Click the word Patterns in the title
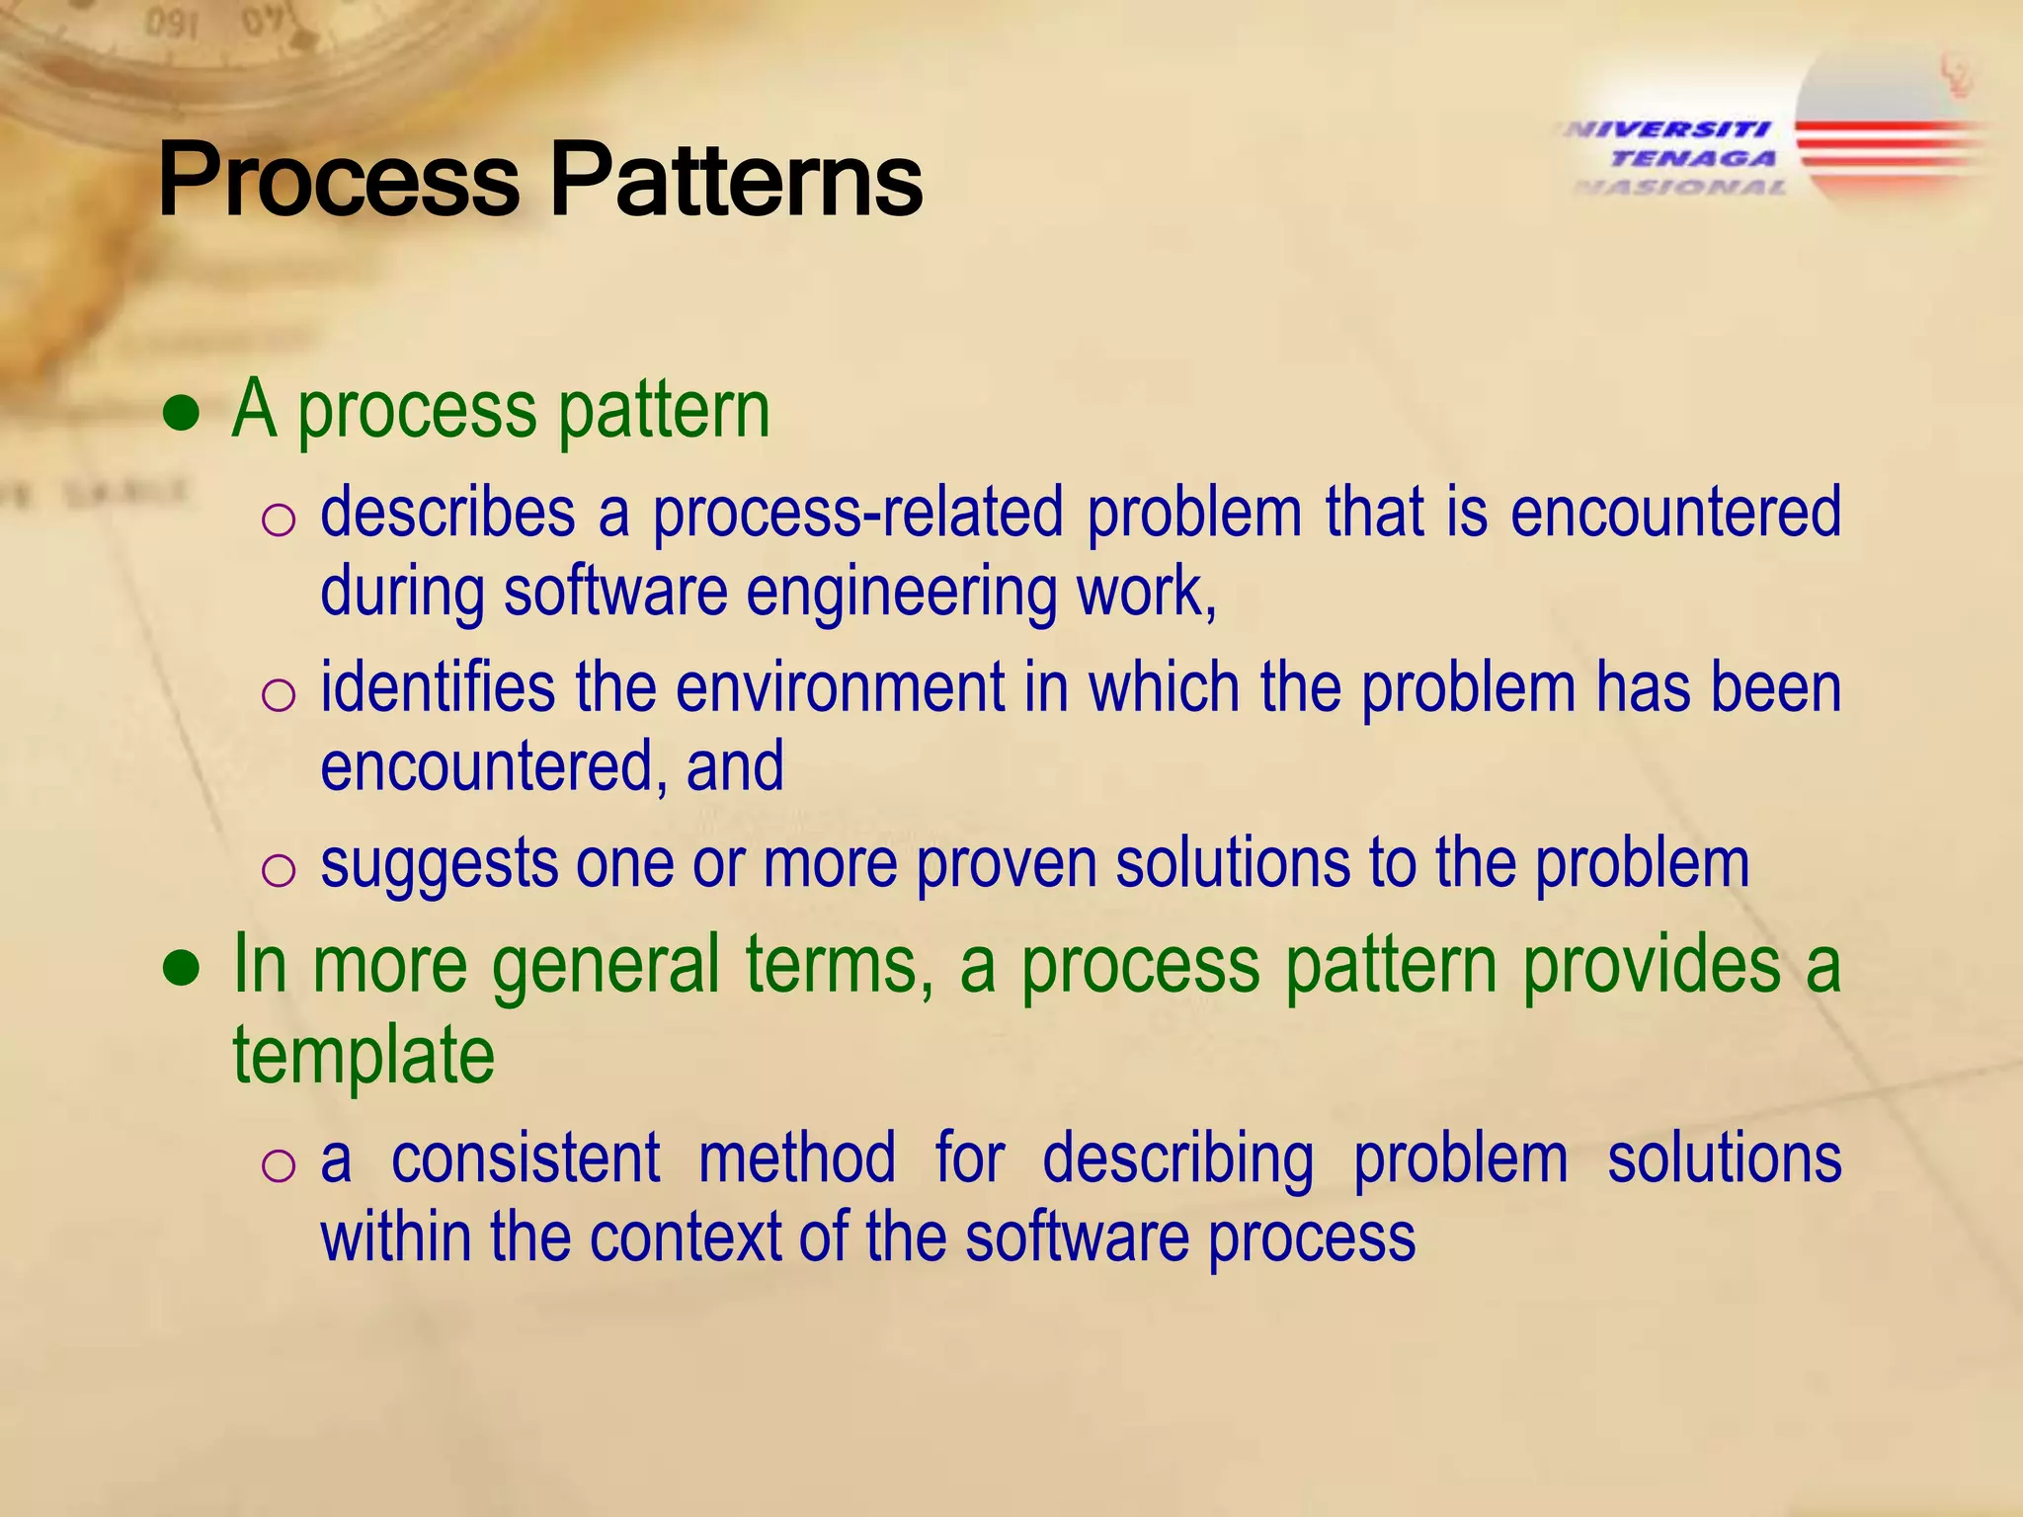[x=736, y=180]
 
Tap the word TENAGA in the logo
[x=1693, y=158]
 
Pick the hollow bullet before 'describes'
[x=279, y=519]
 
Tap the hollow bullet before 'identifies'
[x=279, y=694]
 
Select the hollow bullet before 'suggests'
[x=279, y=870]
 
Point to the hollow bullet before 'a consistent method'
[x=279, y=1165]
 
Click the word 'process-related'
[x=857, y=514]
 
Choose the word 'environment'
[x=840, y=687]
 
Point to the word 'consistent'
[x=526, y=1158]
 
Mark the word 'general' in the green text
[x=606, y=966]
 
